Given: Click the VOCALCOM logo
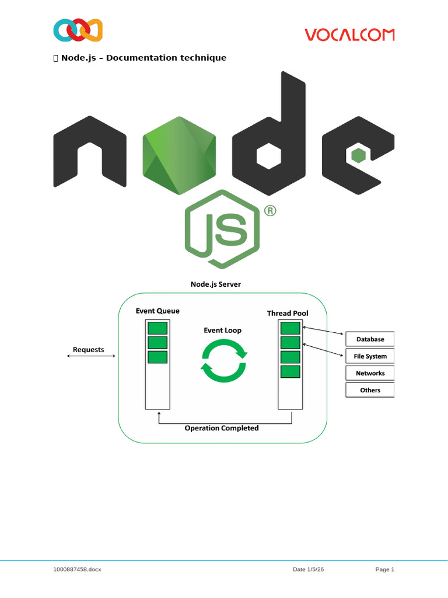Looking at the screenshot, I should click(349, 34).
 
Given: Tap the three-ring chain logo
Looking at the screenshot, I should click(78, 30).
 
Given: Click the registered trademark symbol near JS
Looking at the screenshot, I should click(269, 211).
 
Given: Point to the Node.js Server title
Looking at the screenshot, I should click(215, 284).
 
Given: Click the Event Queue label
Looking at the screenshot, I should click(157, 311).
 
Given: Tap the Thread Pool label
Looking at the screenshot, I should click(288, 314).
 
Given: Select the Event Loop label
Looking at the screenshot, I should click(222, 330).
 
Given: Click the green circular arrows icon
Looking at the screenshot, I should click(223, 362).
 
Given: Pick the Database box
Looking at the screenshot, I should click(370, 339).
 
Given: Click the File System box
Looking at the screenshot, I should click(370, 356).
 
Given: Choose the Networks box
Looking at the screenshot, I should click(370, 373).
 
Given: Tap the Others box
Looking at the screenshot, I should click(370, 390).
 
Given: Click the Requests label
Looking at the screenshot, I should click(89, 350).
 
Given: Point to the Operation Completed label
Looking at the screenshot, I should click(222, 428).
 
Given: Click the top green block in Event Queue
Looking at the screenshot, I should click(157, 327).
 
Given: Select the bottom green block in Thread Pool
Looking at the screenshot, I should click(290, 371).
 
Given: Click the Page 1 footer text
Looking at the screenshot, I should click(385, 569).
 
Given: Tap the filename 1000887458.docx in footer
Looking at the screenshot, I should click(77, 569).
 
